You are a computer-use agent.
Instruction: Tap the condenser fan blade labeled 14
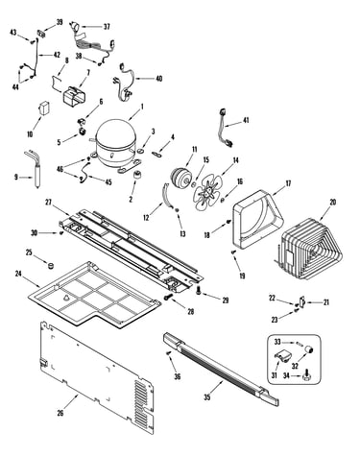click(207, 191)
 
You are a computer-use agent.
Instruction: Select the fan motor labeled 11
click(180, 177)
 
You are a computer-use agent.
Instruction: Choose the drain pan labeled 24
click(94, 295)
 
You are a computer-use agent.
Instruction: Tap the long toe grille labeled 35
click(221, 368)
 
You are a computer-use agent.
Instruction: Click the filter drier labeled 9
click(35, 169)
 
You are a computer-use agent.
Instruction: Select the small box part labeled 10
click(44, 108)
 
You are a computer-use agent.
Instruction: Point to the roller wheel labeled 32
click(309, 349)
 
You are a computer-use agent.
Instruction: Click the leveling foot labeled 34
click(306, 377)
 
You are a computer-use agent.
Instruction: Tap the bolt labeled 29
click(199, 290)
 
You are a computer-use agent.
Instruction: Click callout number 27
click(48, 203)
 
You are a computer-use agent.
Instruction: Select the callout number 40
click(159, 79)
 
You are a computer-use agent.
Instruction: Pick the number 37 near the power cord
click(107, 27)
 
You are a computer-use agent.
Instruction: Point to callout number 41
click(246, 120)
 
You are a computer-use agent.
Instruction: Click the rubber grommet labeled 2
click(137, 176)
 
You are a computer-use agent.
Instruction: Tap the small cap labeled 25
click(50, 265)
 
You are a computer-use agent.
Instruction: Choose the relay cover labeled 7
click(73, 95)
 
